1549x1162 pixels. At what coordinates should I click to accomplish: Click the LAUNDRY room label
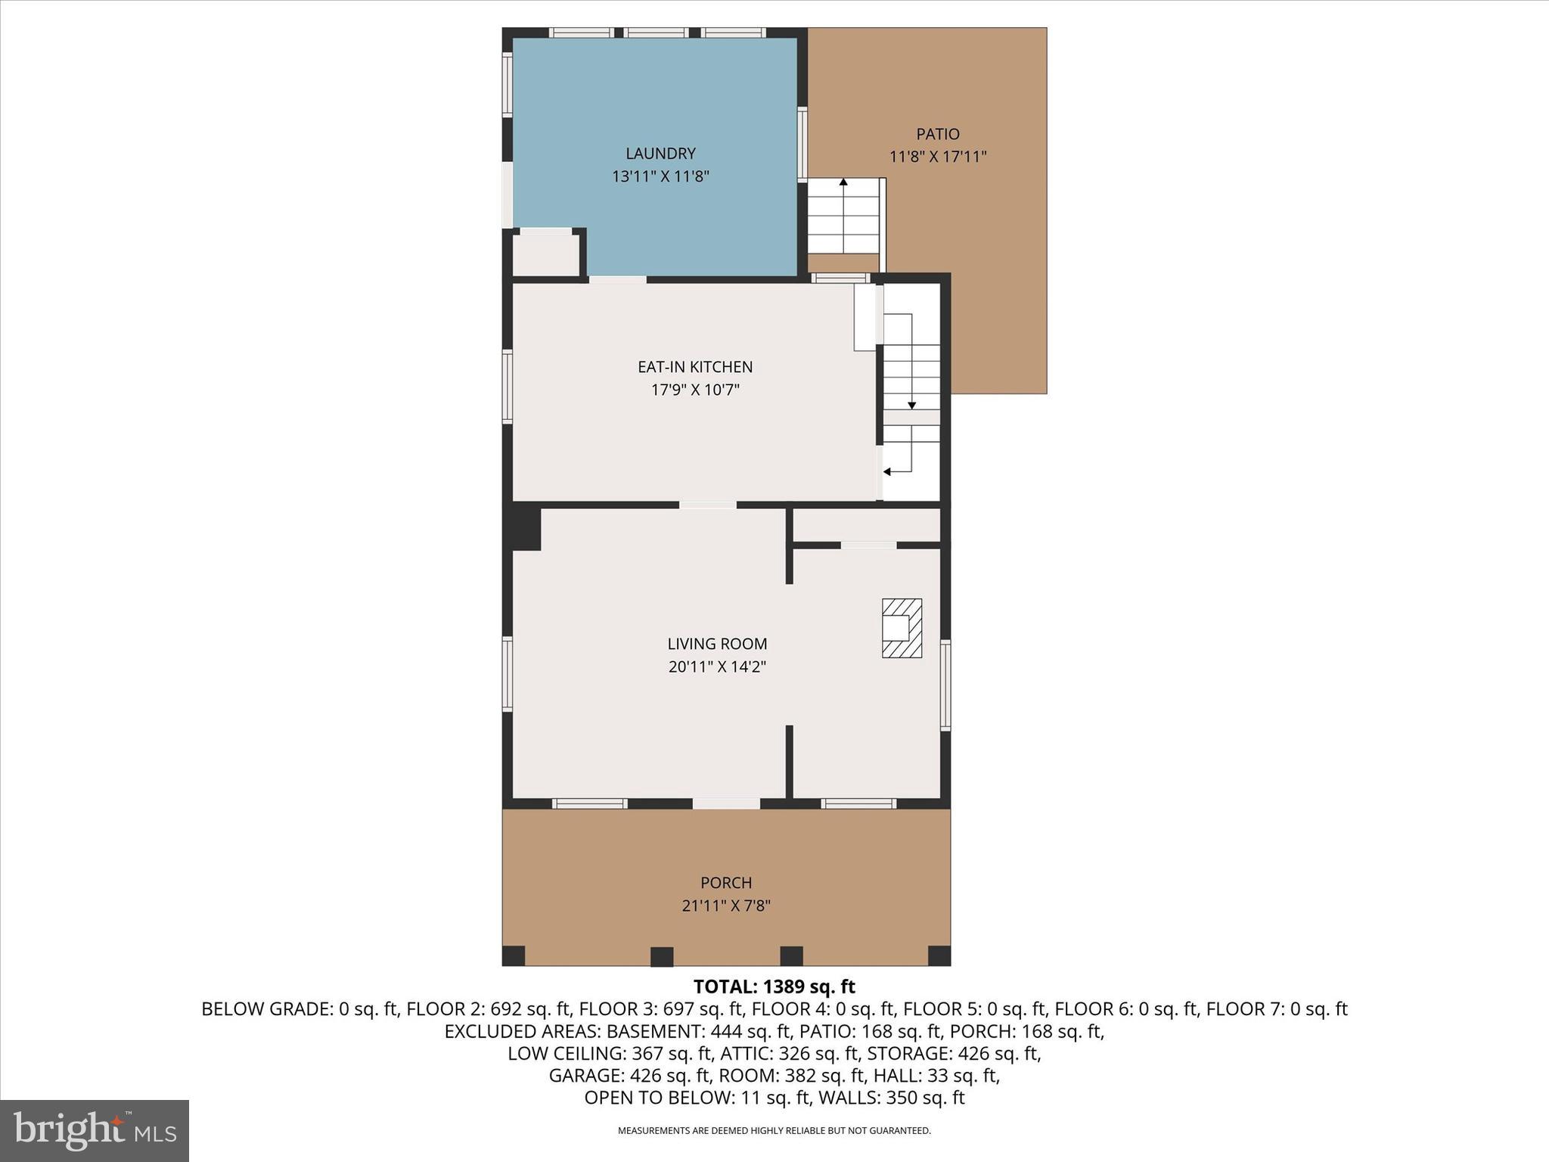tap(660, 154)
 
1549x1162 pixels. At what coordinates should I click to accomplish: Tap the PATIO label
tap(938, 135)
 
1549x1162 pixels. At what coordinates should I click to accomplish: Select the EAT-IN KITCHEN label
tap(695, 367)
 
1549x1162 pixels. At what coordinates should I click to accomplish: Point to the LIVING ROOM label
tap(717, 644)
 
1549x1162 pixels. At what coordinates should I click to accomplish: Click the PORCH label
tap(726, 883)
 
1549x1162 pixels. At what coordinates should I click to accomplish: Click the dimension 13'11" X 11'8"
tap(660, 177)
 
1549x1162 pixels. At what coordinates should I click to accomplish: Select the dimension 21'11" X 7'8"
tap(726, 906)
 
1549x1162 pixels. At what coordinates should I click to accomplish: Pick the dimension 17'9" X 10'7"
tap(695, 390)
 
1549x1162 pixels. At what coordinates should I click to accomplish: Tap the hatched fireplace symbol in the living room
tap(902, 628)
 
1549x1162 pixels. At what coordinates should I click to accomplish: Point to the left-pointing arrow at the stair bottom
tap(887, 472)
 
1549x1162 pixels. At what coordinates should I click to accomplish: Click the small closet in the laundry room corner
tap(545, 255)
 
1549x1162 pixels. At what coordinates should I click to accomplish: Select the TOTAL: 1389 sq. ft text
tap(774, 986)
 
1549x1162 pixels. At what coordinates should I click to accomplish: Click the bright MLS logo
tap(95, 1130)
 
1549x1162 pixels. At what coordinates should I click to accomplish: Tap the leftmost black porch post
tap(514, 955)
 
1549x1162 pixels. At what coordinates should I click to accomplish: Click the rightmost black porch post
tap(939, 955)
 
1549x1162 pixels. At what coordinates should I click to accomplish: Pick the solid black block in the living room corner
tap(526, 529)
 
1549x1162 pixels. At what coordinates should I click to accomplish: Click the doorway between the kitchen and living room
tap(707, 505)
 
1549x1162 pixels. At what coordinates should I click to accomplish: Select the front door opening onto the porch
tap(726, 803)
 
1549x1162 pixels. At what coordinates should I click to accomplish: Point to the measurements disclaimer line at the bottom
tap(774, 1131)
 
